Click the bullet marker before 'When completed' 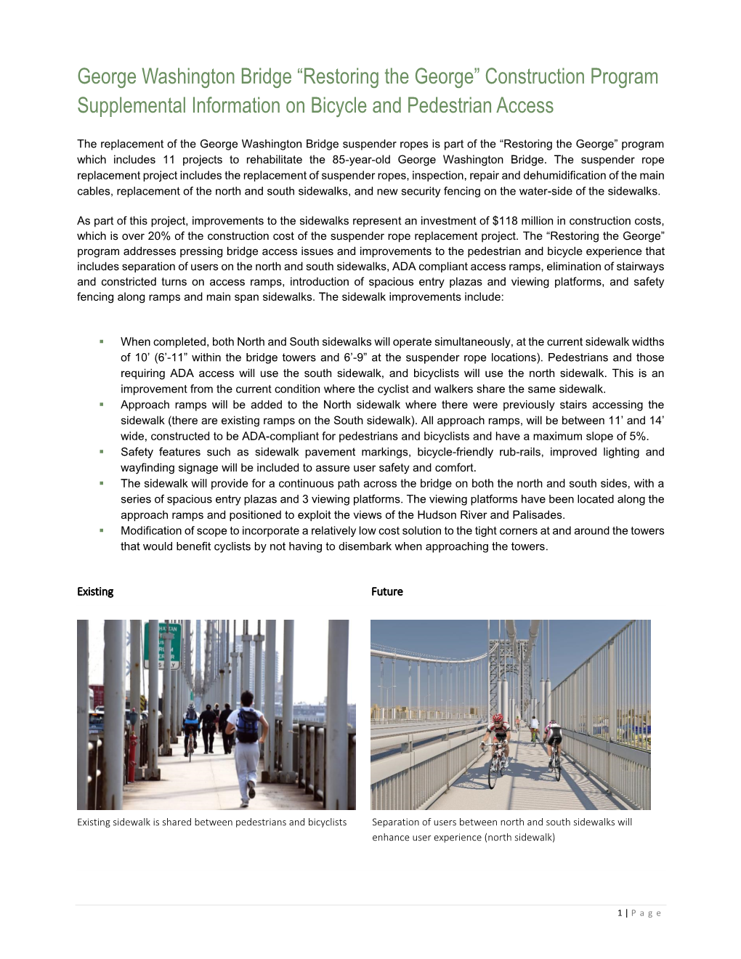click(102, 341)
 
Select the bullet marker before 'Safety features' click(102, 452)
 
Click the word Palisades click(538, 515)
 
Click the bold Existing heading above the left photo click(95, 591)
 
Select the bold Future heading click(386, 591)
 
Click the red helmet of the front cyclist click(498, 719)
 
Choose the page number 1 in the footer click(620, 913)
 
